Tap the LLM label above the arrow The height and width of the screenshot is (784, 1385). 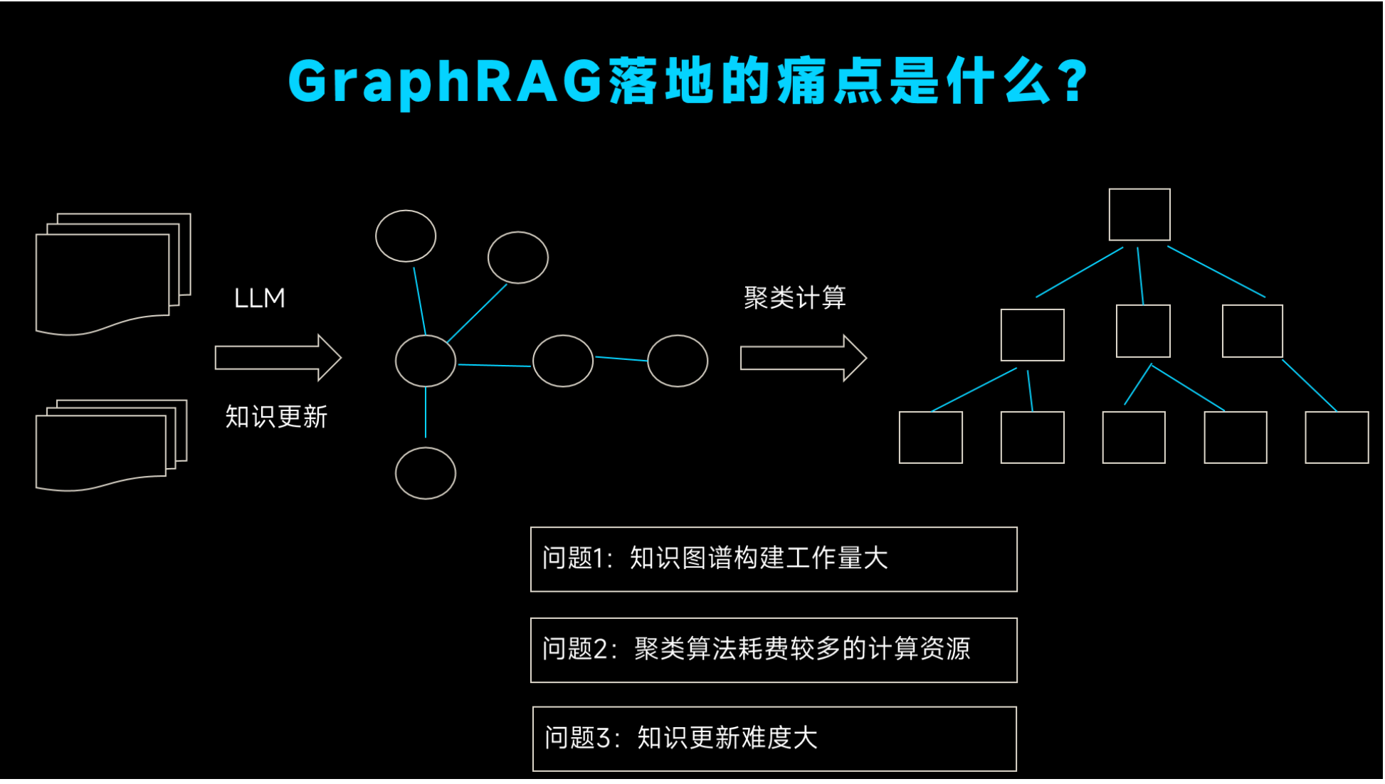(260, 298)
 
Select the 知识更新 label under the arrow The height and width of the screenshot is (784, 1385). (276, 417)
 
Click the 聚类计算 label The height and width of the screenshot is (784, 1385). (794, 297)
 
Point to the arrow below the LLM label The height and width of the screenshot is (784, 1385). (278, 358)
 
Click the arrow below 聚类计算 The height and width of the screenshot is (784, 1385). (803, 358)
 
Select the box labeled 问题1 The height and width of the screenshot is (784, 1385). (774, 559)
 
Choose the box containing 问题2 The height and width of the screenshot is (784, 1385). (774, 650)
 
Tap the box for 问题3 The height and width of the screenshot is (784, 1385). (774, 739)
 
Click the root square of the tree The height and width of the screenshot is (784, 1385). (1139, 215)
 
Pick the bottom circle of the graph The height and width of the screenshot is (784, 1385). (426, 474)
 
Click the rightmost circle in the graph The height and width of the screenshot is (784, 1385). (678, 361)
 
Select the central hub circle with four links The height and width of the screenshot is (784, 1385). (426, 361)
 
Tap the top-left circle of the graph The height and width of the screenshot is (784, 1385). (406, 236)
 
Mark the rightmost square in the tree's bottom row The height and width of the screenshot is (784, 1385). (1337, 438)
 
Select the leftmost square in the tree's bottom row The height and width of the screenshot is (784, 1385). (930, 438)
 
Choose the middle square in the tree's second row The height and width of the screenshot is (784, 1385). (1143, 332)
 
